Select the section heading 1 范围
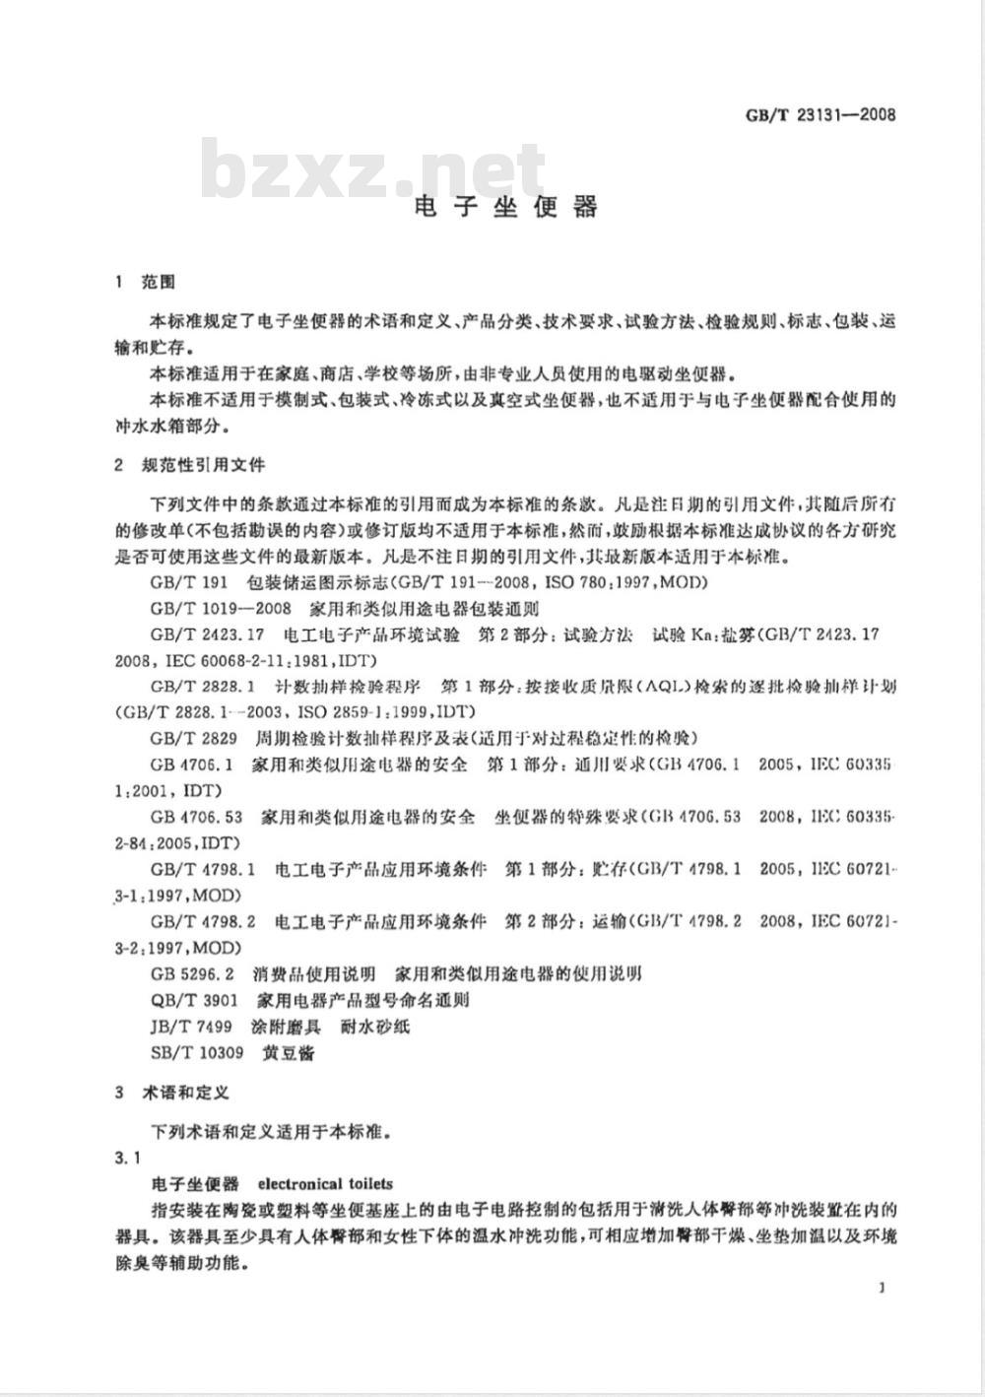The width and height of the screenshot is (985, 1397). click(145, 283)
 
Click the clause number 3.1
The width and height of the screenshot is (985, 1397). click(128, 1158)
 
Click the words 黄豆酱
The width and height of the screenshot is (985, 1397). click(289, 1052)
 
